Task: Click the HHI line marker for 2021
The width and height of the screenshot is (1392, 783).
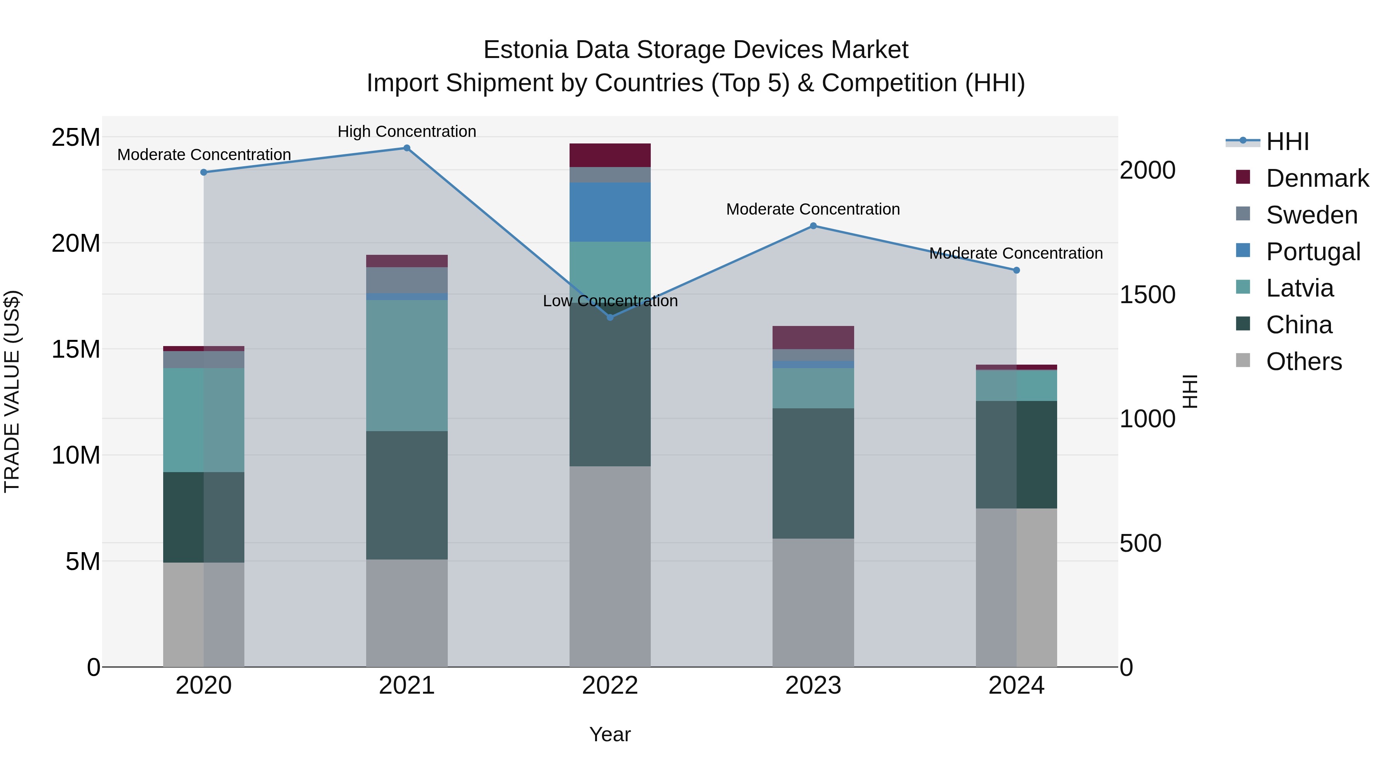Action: click(x=407, y=148)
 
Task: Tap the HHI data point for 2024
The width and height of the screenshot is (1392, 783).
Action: click(x=1017, y=270)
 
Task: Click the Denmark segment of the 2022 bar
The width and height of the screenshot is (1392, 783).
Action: click(x=610, y=155)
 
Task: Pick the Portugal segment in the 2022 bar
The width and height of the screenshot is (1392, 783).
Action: click(x=610, y=212)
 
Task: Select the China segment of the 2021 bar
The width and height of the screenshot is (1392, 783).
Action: click(x=407, y=495)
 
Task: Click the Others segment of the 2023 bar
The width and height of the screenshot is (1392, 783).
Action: click(x=813, y=602)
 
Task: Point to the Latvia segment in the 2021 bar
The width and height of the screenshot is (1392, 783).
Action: click(x=407, y=365)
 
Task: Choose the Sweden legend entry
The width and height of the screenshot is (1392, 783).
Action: click(x=1312, y=215)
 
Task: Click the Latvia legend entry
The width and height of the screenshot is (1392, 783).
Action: click(x=1300, y=288)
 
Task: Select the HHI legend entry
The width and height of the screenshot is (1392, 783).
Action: click(x=1287, y=142)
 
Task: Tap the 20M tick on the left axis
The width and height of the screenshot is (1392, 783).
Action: click(x=76, y=243)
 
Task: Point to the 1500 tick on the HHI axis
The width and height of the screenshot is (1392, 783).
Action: click(x=1147, y=295)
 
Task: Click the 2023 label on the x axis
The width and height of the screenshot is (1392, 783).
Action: click(x=813, y=686)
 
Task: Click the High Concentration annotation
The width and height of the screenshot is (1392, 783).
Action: click(x=407, y=131)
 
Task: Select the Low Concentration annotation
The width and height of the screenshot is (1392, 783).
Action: click(x=610, y=301)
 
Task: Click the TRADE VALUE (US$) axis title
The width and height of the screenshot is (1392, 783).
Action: click(x=12, y=391)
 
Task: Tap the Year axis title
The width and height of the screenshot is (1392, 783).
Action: click(x=610, y=734)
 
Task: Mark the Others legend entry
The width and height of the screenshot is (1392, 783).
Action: click(x=1303, y=362)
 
